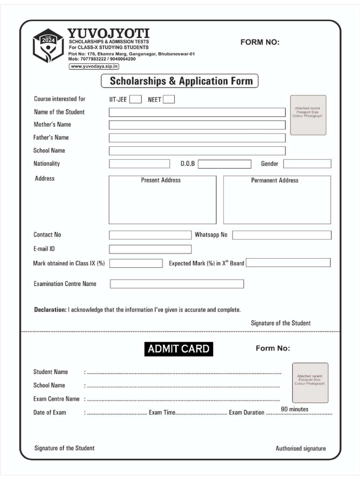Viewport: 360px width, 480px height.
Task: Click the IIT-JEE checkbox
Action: coord(135,99)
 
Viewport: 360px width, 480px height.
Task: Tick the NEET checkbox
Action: coord(169,99)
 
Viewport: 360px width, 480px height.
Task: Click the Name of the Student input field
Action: coord(197,112)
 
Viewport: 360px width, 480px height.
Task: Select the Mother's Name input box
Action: coord(197,125)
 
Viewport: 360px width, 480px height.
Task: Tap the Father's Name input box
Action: coord(197,138)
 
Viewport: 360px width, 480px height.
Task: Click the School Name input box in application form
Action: coord(197,151)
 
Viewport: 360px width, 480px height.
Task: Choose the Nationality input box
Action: coord(139,164)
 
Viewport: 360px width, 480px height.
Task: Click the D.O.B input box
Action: coord(225,164)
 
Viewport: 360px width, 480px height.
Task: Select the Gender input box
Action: coord(307,164)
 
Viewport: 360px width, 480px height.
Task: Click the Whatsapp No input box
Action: coord(282,235)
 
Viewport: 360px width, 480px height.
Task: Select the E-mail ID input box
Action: coord(150,249)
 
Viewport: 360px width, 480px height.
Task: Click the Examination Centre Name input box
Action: coord(177,284)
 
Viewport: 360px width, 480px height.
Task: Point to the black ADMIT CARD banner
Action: coord(179,349)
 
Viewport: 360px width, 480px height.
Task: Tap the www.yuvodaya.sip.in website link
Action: coord(94,67)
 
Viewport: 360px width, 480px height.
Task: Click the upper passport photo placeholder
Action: coord(308,115)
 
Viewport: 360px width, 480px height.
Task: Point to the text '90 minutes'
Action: coord(294,409)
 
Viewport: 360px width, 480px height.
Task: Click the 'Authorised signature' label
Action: coord(300,449)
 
